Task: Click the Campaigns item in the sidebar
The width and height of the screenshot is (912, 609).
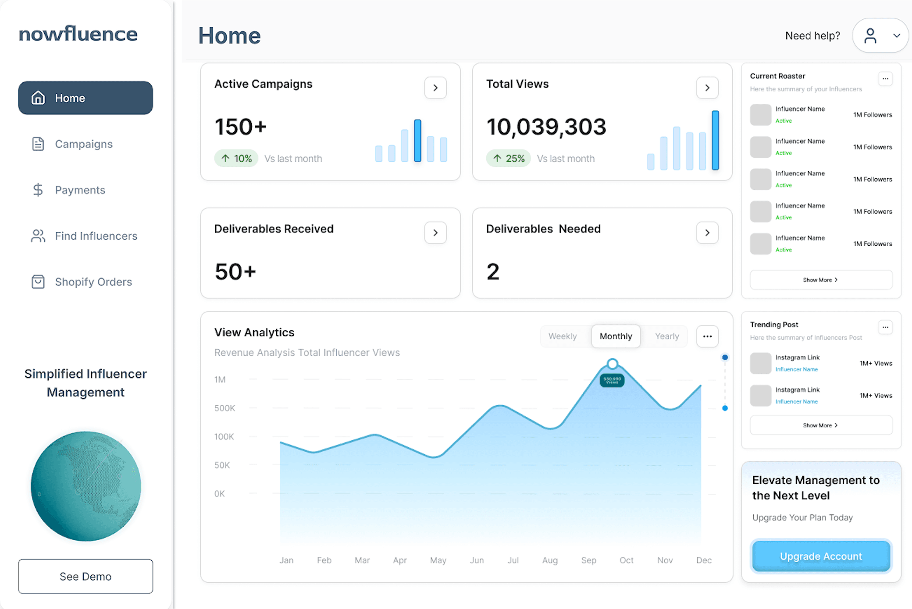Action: tap(83, 144)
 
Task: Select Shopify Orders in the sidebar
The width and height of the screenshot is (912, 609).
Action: tap(93, 282)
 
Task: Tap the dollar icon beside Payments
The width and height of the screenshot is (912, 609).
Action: tap(38, 190)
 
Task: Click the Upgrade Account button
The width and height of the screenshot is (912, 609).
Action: tap(821, 556)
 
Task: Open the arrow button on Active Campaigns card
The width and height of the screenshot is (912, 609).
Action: tap(435, 88)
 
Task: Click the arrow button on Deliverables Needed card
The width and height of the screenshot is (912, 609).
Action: tap(707, 233)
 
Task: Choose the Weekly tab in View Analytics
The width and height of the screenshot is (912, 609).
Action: tap(563, 336)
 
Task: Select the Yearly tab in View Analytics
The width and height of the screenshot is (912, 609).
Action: tap(666, 336)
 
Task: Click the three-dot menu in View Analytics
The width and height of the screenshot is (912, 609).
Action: tap(707, 336)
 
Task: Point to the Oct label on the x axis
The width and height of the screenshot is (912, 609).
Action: tap(626, 560)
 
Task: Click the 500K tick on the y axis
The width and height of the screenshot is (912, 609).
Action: tap(224, 408)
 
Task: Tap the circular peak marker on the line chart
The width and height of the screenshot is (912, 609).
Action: tap(613, 364)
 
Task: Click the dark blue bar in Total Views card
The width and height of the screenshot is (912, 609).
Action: tap(715, 140)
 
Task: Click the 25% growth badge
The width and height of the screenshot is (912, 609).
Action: tap(509, 159)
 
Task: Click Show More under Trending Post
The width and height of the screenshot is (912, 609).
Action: tap(821, 425)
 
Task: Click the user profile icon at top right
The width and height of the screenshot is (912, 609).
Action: tap(870, 35)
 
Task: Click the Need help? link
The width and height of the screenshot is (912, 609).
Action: tap(812, 35)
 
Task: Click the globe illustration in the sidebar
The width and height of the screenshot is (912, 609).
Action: tap(86, 486)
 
